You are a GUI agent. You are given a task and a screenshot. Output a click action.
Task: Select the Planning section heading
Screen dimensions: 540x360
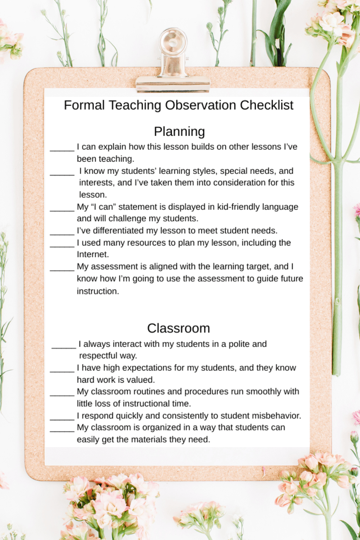179,131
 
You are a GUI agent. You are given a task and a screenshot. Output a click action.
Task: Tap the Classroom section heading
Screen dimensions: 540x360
179,328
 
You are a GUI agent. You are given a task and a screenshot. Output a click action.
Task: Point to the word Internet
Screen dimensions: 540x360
93,255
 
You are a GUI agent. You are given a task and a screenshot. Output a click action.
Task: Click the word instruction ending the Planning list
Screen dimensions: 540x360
98,291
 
